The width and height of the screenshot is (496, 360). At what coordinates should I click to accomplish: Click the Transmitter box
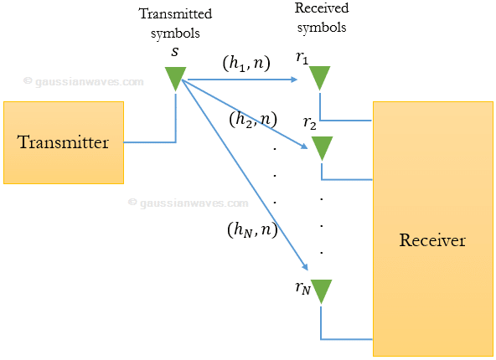click(64, 142)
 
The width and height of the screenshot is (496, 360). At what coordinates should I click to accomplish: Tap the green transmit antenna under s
click(175, 78)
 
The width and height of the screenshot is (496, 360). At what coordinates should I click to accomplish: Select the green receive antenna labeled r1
click(320, 78)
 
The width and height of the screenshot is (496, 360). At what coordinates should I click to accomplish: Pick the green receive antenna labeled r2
click(321, 148)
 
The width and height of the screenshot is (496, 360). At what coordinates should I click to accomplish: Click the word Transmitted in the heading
click(175, 13)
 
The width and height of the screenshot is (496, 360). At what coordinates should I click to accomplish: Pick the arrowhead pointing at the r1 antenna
click(294, 80)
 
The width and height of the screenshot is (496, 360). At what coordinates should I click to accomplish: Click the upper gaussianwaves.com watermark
click(83, 81)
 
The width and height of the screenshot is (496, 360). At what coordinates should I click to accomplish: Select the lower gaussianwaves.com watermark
click(188, 202)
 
